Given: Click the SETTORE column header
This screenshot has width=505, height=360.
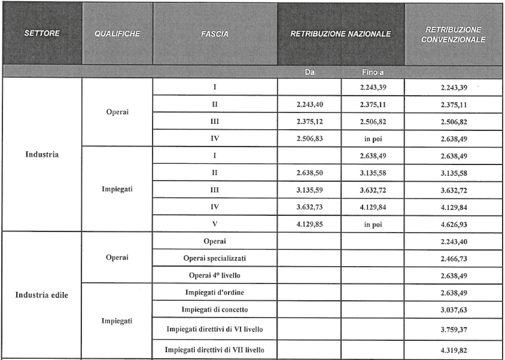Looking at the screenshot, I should (42, 33).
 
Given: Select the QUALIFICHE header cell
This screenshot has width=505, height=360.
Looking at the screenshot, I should (117, 33).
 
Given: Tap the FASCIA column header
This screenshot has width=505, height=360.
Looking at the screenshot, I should (215, 34).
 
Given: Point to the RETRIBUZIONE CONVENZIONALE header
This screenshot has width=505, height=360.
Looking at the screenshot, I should (453, 34).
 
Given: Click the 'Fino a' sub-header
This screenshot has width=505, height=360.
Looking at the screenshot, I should (372, 72).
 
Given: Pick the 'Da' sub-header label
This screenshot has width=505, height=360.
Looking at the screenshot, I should (309, 72).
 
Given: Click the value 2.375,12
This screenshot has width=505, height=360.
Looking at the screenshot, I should (309, 121).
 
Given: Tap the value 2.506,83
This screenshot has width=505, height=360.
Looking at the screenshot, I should (309, 138).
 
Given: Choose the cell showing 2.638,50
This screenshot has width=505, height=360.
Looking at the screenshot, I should (309, 173).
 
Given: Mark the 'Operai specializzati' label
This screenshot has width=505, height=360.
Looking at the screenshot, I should (215, 258).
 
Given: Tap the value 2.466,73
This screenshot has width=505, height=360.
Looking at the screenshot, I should (453, 258).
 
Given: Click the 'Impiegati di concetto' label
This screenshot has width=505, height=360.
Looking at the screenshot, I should (215, 309).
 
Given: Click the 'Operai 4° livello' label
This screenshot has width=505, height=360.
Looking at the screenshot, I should (215, 274).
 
